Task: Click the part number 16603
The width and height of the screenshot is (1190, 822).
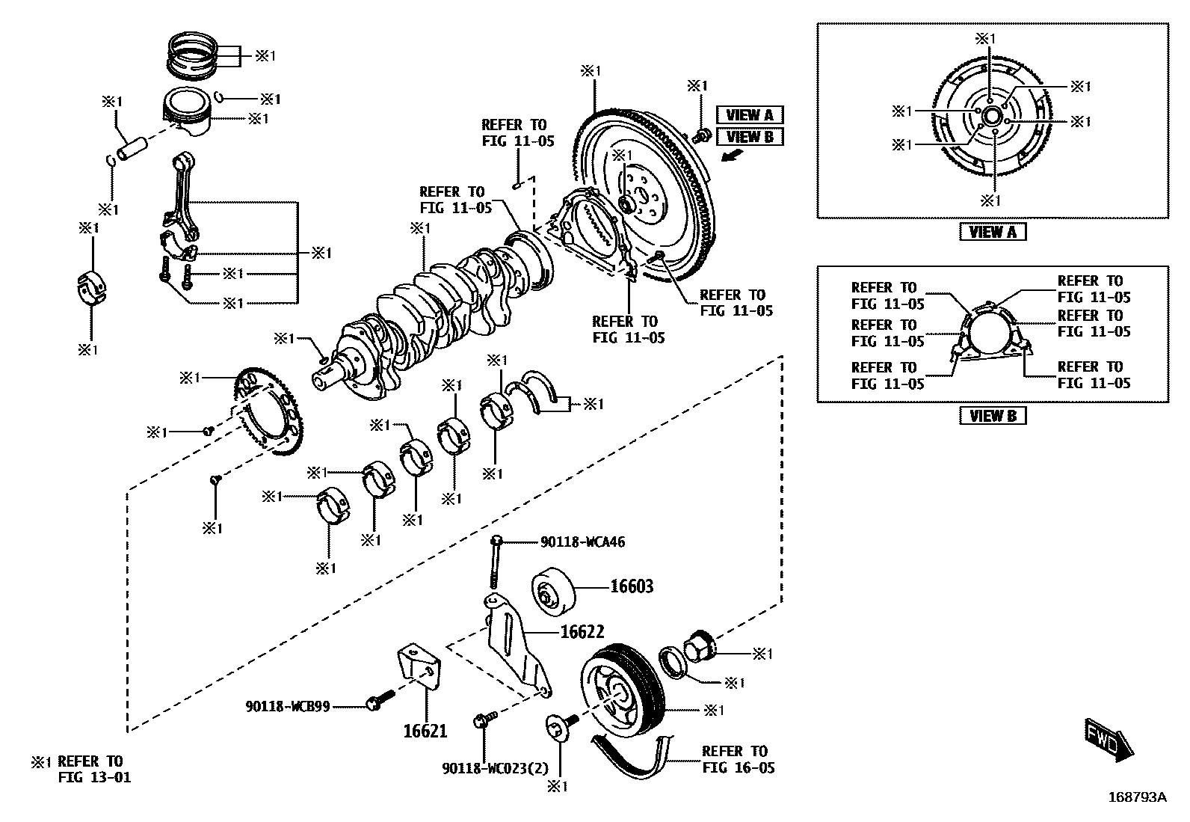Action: point(632,586)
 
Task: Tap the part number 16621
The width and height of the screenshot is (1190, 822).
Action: point(425,730)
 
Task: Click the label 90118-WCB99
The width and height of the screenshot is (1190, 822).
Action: point(288,705)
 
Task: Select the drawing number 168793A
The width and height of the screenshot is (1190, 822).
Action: point(1132,797)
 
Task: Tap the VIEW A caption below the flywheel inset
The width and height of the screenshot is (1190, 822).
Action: point(992,232)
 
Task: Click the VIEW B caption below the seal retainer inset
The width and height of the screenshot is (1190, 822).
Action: point(992,416)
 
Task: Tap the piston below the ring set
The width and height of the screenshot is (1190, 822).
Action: point(188,113)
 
